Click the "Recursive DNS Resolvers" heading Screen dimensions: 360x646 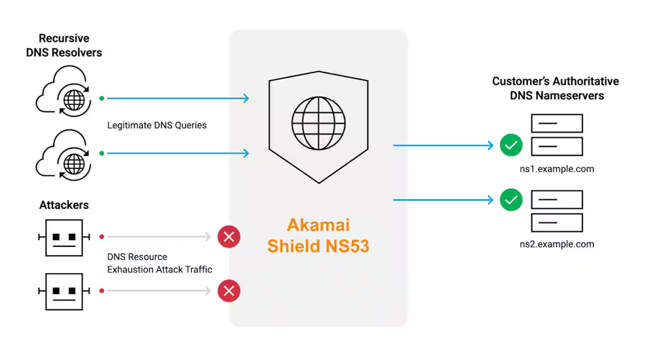click(x=63, y=46)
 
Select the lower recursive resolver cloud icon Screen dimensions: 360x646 click(x=63, y=153)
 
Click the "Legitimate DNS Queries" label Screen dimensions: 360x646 click(x=157, y=126)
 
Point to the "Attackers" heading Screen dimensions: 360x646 click(x=63, y=205)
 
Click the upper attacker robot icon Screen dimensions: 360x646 click(x=63, y=237)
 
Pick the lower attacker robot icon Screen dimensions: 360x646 click(x=63, y=291)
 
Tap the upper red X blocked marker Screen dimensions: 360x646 click(x=228, y=237)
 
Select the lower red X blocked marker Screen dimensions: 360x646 click(x=228, y=291)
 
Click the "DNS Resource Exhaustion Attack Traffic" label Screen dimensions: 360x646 click(x=159, y=263)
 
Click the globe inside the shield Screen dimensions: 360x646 click(x=318, y=123)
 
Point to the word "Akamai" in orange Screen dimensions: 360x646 click(x=318, y=226)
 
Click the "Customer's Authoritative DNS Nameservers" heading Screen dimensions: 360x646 click(x=556, y=88)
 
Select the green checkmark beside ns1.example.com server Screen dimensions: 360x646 click(x=511, y=146)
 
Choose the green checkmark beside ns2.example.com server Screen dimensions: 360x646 click(x=511, y=200)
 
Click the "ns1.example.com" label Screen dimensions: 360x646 click(x=557, y=169)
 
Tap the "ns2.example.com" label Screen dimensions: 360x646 click(x=557, y=244)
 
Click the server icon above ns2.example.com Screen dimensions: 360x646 click(x=557, y=211)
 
